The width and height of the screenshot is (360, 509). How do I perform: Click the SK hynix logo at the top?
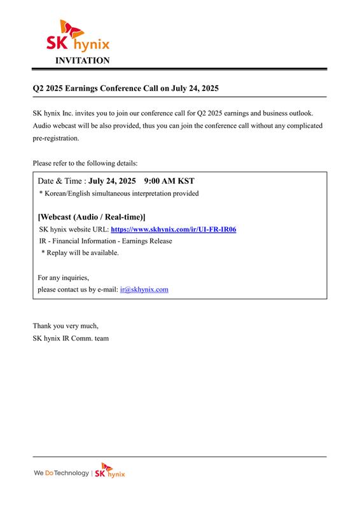pos(77,36)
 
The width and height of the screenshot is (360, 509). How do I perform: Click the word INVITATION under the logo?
pos(83,60)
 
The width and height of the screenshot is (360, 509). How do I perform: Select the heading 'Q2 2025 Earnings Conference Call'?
pos(125,88)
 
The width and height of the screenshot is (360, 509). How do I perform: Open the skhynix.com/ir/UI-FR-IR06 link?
pos(174,229)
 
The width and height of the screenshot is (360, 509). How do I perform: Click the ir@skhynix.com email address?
pos(144,289)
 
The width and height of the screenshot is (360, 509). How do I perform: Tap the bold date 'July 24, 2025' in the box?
pos(112,181)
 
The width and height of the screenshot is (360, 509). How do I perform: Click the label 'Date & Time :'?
pos(62,181)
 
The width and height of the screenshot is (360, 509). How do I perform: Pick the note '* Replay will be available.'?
pos(80,253)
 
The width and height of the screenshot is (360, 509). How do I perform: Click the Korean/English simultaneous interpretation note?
pos(119,193)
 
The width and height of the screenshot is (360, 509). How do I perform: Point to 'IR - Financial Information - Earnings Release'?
pos(106,241)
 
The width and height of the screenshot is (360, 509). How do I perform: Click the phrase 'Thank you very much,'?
pos(66,326)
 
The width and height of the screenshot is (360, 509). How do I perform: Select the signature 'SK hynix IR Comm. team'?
pos(71,338)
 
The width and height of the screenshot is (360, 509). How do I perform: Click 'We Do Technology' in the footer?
pos(62,474)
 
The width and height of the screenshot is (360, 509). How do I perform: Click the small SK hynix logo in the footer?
pos(110,473)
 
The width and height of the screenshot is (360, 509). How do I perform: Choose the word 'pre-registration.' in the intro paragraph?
pos(56,138)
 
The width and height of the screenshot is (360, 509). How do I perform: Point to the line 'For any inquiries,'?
pos(63,277)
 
